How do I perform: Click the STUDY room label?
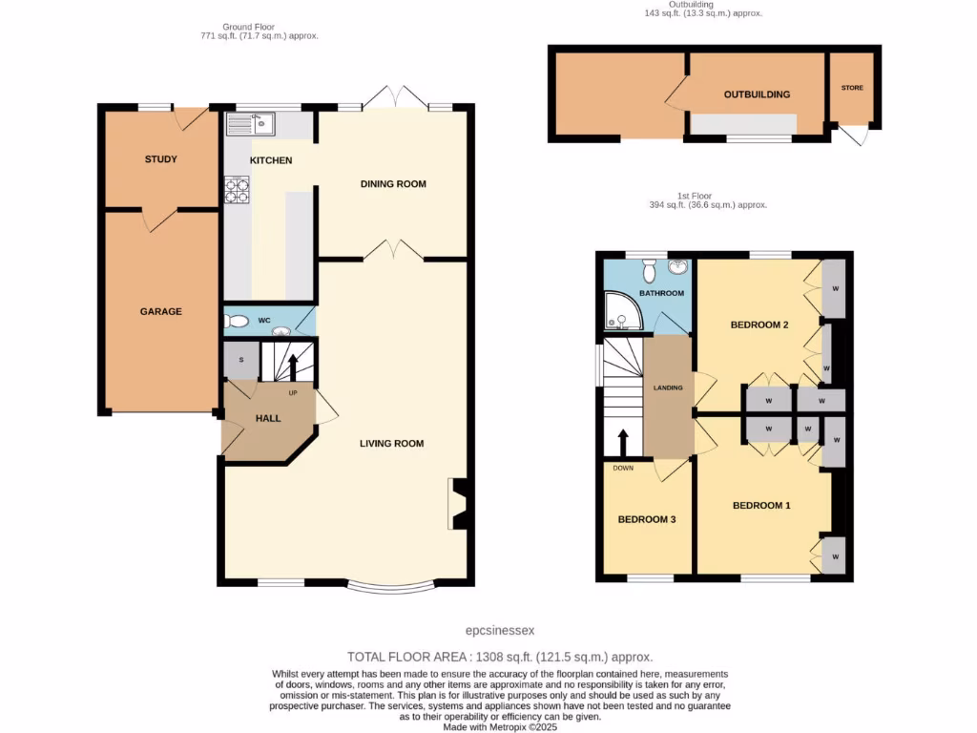pos(160,159)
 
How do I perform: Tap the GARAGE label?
pos(160,311)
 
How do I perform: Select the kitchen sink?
pos(250,124)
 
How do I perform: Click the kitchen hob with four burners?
pos(237,190)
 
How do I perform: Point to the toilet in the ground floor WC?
pos(236,322)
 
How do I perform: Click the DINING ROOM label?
pos(392,183)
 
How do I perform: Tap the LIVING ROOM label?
pos(391,443)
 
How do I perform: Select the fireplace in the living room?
pos(457,503)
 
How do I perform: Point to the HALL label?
pos(268,417)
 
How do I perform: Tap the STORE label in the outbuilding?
pos(852,88)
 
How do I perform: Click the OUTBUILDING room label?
pos(757,94)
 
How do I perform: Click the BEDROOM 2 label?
pos(759,325)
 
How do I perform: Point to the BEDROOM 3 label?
pos(647,519)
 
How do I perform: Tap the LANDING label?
pos(668,387)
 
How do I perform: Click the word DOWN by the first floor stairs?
pos(622,468)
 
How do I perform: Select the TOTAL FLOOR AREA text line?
pos(499,657)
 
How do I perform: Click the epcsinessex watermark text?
pos(500,630)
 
